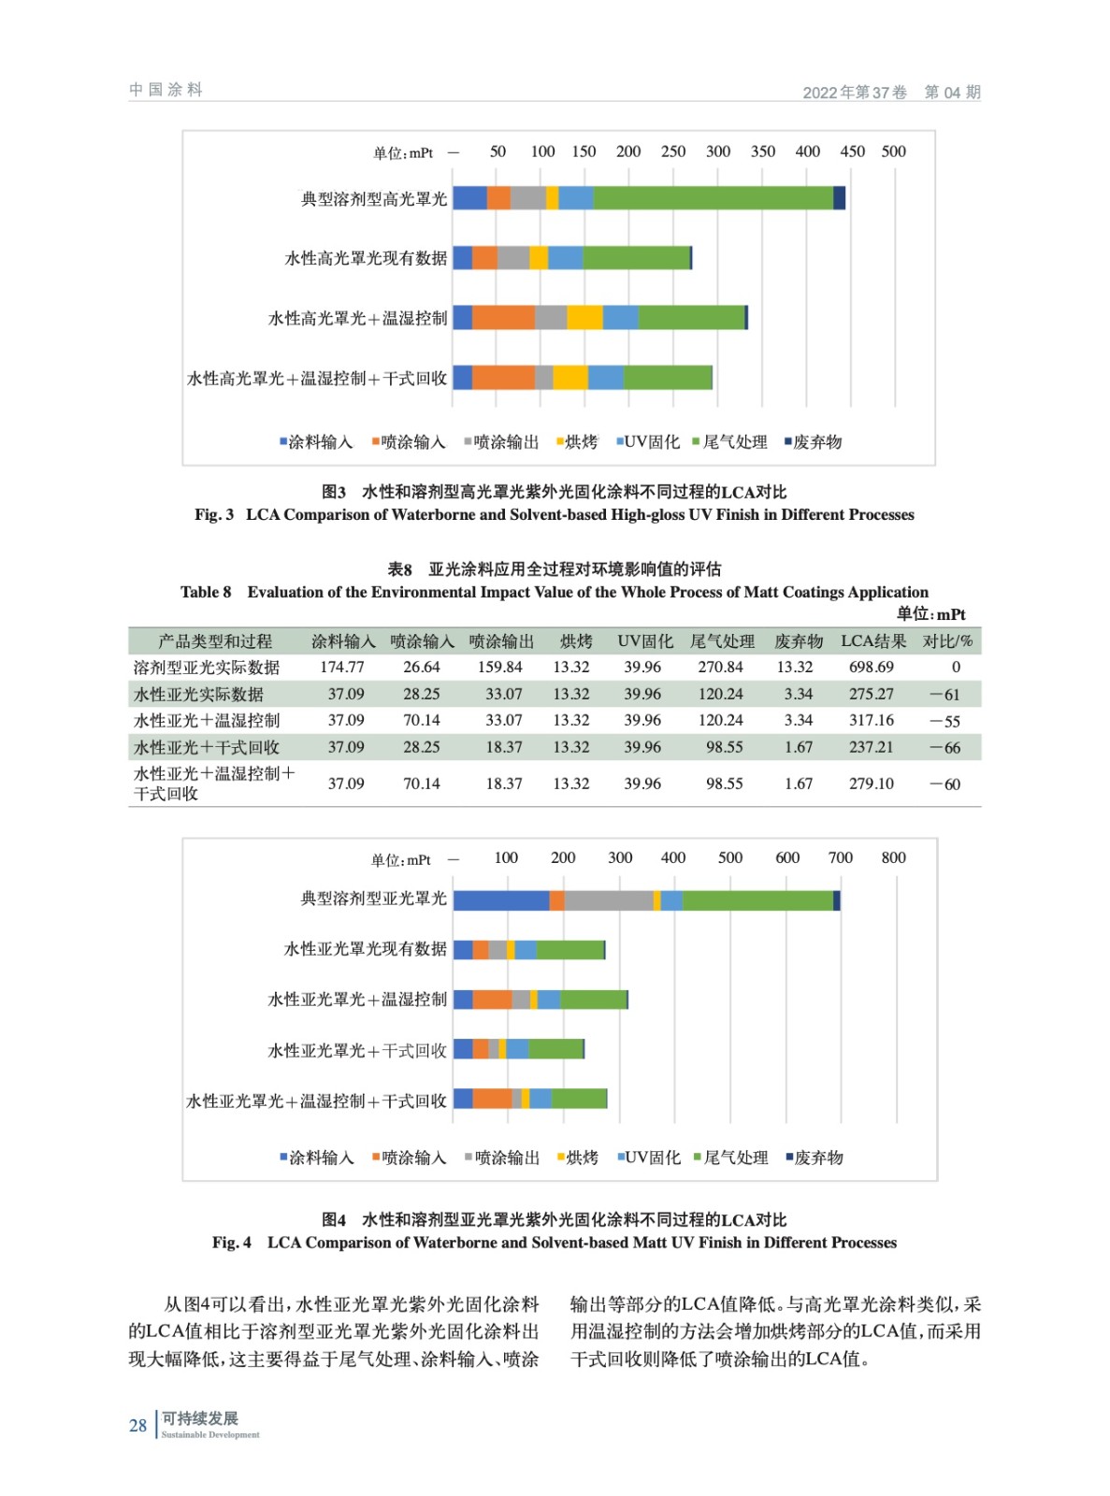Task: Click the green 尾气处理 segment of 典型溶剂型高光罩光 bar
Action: [x=713, y=198]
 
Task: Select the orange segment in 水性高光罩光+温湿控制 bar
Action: [x=503, y=318]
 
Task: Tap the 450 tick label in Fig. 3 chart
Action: [x=852, y=151]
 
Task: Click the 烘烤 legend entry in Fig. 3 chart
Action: [x=577, y=442]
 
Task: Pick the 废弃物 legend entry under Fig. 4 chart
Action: [x=814, y=1158]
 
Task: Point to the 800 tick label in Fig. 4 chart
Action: [x=893, y=857]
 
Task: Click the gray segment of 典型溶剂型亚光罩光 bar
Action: [x=608, y=900]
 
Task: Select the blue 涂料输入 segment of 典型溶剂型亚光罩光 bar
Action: [x=500, y=900]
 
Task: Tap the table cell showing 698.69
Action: [x=871, y=668]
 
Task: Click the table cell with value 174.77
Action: [x=342, y=668]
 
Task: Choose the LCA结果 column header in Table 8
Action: [x=873, y=641]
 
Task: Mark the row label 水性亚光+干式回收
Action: [x=207, y=747]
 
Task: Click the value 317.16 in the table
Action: [x=871, y=721]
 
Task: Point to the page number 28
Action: [x=138, y=1426]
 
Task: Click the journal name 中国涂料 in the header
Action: [x=166, y=90]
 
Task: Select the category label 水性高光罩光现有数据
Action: [x=366, y=258]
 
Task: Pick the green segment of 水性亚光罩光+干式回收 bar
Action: [x=555, y=1049]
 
